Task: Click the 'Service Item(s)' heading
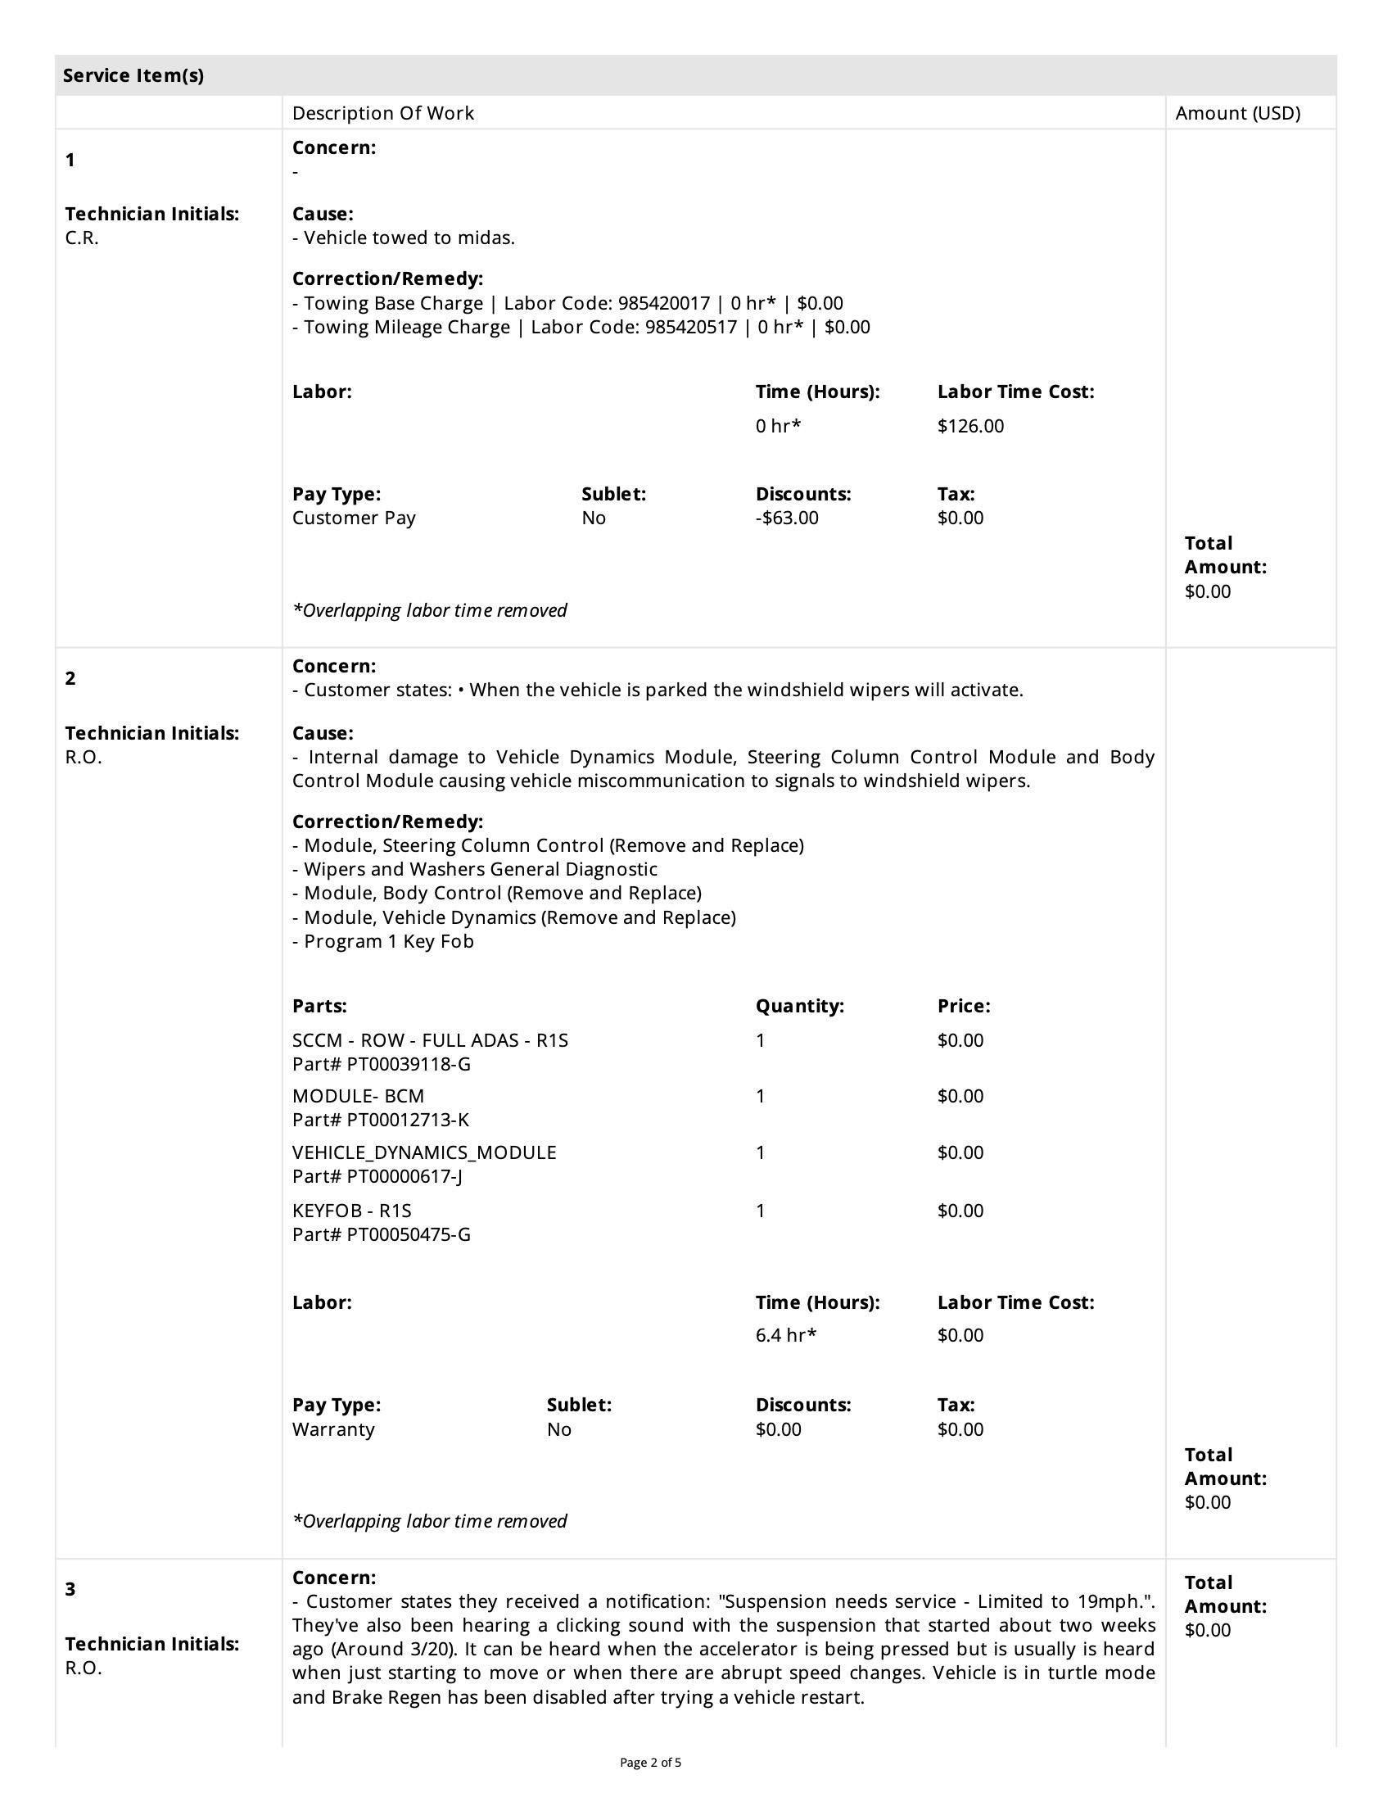point(133,76)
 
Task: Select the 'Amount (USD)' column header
point(1237,113)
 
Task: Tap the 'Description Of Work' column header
point(382,113)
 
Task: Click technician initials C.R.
point(82,238)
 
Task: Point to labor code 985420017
point(663,304)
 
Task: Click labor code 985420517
point(690,328)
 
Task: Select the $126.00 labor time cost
point(969,427)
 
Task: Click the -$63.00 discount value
point(787,518)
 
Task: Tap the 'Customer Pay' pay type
point(354,518)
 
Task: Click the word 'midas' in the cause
point(490,238)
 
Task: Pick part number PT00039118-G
point(409,1064)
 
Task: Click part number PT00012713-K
point(408,1121)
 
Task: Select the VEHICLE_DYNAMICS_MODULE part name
point(424,1152)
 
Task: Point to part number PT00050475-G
point(409,1234)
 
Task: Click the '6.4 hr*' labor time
point(785,1335)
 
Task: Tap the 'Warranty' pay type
point(333,1429)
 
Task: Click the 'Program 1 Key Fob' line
point(388,941)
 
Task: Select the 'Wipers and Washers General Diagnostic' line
point(480,870)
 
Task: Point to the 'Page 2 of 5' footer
point(651,1763)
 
